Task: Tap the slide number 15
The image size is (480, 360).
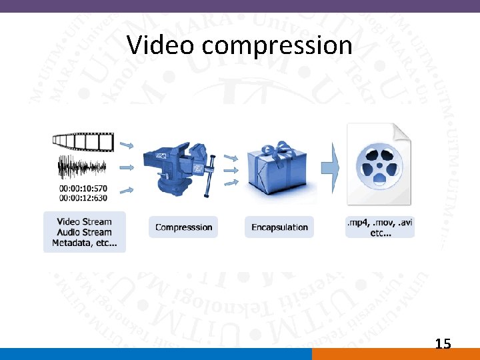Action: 443,344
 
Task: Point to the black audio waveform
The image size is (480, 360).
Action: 82,167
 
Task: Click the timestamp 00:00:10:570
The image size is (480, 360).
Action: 83,187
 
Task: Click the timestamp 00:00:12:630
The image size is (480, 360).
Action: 83,197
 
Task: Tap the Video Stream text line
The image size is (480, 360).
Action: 85,221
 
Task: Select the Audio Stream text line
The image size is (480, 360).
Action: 85,232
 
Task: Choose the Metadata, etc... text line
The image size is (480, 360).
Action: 85,243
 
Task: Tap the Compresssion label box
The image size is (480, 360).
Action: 183,227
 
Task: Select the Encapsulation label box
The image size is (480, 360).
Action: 279,227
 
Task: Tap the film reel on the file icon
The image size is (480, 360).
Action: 377,167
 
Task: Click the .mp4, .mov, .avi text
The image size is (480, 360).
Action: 380,223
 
